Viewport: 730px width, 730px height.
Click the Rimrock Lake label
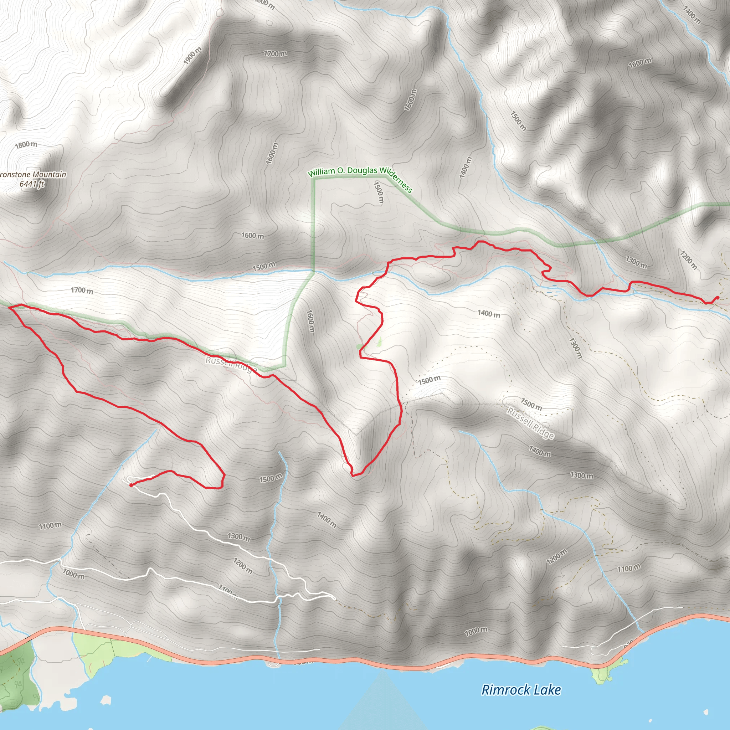521,690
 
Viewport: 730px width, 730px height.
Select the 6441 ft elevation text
32,184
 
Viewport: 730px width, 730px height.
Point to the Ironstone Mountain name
33,175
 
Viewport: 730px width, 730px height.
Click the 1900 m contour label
193,56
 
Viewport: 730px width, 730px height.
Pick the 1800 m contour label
26,144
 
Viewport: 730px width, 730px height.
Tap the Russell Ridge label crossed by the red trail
231,364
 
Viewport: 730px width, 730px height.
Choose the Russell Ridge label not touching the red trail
530,423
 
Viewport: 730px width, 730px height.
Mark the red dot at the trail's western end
131,485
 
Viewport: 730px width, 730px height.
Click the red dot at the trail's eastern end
717,298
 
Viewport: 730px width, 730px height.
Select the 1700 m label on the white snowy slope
82,290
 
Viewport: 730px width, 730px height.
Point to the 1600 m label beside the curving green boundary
309,321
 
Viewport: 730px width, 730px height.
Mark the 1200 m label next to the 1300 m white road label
243,566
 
